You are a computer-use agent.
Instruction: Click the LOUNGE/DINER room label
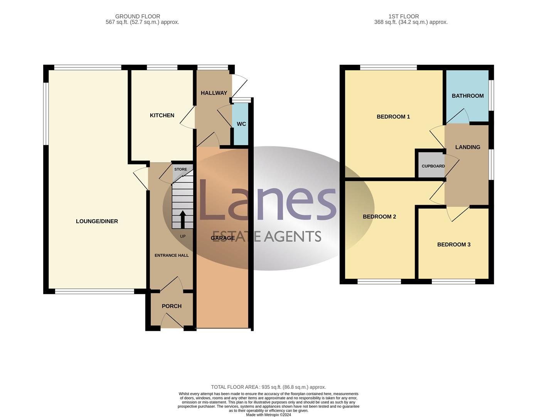click(x=97, y=221)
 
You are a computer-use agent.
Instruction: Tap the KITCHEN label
click(x=162, y=115)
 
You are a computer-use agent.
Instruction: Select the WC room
click(x=241, y=124)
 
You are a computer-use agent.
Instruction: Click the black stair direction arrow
click(x=183, y=219)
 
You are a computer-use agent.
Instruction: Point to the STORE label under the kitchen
click(x=180, y=170)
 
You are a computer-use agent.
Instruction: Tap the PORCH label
click(x=172, y=306)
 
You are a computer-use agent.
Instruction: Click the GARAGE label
click(x=223, y=238)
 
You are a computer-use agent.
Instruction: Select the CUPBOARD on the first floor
click(x=433, y=166)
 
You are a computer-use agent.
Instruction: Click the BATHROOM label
click(x=468, y=96)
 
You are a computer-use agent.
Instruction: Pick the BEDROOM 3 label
click(x=454, y=244)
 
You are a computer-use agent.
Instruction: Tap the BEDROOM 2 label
click(x=379, y=217)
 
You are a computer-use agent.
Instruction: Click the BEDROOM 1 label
click(x=393, y=117)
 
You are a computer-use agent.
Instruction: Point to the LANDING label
click(x=468, y=147)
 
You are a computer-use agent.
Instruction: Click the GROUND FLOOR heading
click(x=138, y=16)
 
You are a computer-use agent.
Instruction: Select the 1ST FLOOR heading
click(x=404, y=16)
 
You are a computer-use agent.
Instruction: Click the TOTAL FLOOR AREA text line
click(x=268, y=387)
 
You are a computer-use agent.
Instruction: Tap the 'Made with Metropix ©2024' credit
click(x=268, y=415)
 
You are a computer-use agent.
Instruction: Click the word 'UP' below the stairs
click(x=183, y=236)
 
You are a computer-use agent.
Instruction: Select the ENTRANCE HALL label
click(x=172, y=255)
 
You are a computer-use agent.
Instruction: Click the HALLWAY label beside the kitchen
click(x=214, y=93)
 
